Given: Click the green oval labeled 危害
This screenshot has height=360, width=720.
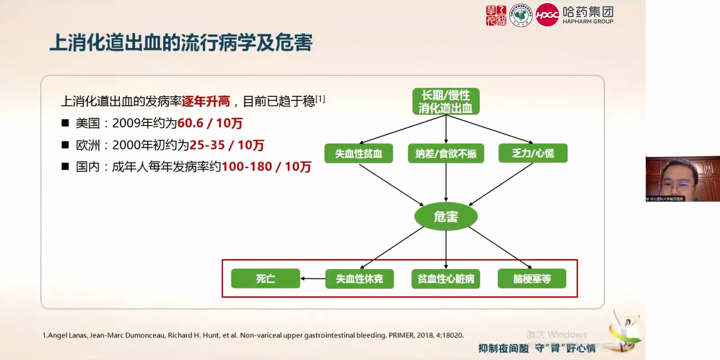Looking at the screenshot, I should [x=446, y=216].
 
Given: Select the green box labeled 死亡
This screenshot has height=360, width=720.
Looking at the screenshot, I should [x=265, y=278].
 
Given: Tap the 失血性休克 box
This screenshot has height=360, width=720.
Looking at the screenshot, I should [x=359, y=279].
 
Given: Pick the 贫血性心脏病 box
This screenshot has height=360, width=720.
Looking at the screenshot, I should [x=446, y=279].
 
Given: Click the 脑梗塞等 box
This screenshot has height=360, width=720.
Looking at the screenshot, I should [x=532, y=278].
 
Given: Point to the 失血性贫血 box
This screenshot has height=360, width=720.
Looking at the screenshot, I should [x=358, y=153].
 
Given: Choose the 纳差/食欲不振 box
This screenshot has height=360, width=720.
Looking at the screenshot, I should [x=446, y=153].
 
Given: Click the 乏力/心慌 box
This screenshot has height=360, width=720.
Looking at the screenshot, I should [x=533, y=153].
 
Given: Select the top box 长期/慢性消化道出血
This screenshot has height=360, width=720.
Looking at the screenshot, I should [x=446, y=101].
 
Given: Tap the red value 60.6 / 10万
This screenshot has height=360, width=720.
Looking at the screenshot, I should [x=210, y=123].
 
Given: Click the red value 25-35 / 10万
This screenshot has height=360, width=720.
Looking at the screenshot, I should [x=227, y=145].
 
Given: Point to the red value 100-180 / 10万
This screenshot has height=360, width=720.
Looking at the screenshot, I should [x=266, y=166].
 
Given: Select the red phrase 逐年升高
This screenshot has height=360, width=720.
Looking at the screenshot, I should [x=206, y=101].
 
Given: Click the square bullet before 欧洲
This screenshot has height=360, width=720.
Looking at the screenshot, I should [x=65, y=145].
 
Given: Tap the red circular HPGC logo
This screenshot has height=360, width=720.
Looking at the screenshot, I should [x=547, y=15].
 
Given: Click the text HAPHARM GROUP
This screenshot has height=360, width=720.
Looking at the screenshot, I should [x=588, y=21].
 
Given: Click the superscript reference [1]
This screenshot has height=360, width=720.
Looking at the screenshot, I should [x=320, y=99].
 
